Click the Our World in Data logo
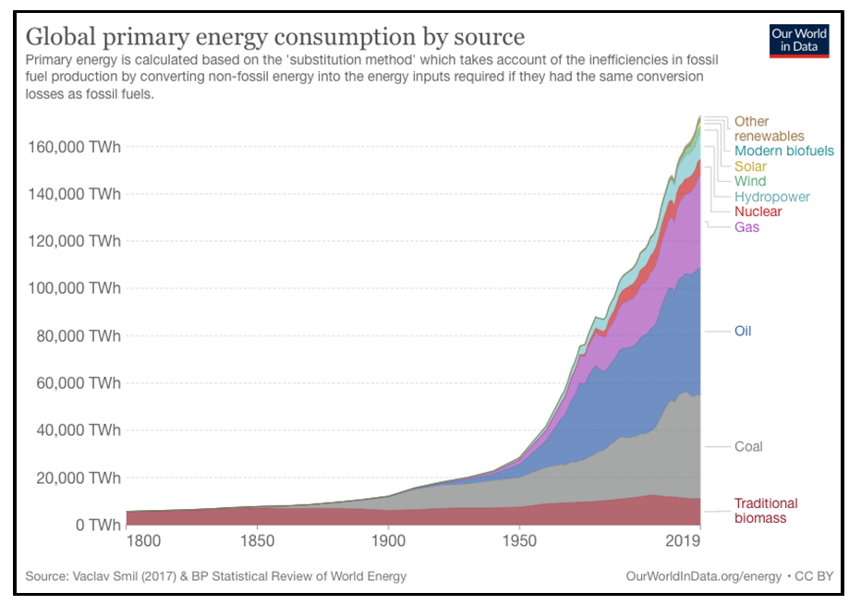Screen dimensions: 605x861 point(799,42)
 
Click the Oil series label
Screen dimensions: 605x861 point(743,331)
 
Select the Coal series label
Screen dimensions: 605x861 point(748,446)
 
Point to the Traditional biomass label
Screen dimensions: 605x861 point(765,511)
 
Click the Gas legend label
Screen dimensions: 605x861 point(746,227)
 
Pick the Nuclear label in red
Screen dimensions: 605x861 point(758,212)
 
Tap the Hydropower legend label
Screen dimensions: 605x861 point(771,197)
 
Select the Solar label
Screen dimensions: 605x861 point(750,166)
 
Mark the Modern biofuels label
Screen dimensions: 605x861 point(783,151)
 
